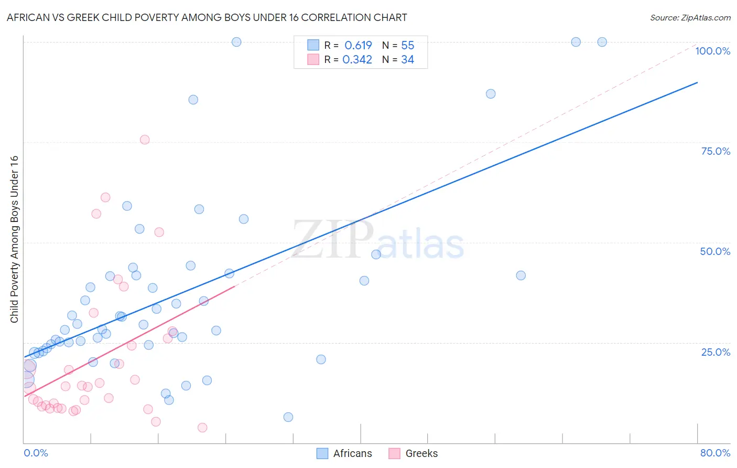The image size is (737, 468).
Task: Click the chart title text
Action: point(207,18)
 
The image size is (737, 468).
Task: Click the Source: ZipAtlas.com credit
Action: point(690,18)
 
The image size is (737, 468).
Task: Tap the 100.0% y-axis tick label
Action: point(712,51)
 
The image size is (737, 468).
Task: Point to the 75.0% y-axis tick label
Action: point(715,151)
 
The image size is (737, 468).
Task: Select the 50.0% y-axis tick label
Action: point(715,251)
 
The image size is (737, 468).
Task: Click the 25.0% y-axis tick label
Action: point(715,352)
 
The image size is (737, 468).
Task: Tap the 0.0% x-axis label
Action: point(36,453)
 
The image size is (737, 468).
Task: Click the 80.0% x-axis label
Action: point(715,453)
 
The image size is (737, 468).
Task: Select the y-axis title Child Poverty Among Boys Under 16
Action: point(14,239)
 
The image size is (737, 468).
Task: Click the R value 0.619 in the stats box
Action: point(358,46)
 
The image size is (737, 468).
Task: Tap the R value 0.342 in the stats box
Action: point(357,60)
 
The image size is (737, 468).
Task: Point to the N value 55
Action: point(407,46)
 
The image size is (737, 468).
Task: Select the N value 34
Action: point(407,60)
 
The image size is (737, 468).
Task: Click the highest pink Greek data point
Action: point(145,140)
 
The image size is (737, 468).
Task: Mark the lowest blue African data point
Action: point(288,417)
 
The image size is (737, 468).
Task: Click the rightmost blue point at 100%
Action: point(602,42)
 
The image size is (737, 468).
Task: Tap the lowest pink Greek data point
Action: point(202,428)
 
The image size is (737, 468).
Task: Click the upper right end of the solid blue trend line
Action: point(697,82)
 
